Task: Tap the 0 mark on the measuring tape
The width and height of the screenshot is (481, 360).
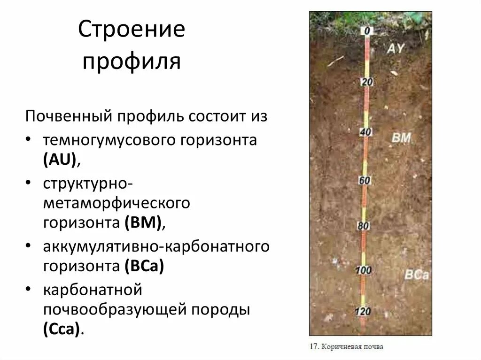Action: coord(367,31)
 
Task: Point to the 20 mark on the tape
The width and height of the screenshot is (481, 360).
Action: coord(367,83)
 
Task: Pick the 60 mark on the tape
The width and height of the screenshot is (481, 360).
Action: coord(365,180)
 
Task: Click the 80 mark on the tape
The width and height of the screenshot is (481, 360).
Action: coord(364,226)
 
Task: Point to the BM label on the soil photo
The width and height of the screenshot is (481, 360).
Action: coord(401,138)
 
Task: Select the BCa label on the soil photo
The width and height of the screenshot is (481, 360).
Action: coord(416,275)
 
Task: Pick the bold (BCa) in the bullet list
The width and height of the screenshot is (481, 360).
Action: coord(144,266)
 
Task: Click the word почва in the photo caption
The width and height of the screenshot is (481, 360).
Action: coord(373,347)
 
